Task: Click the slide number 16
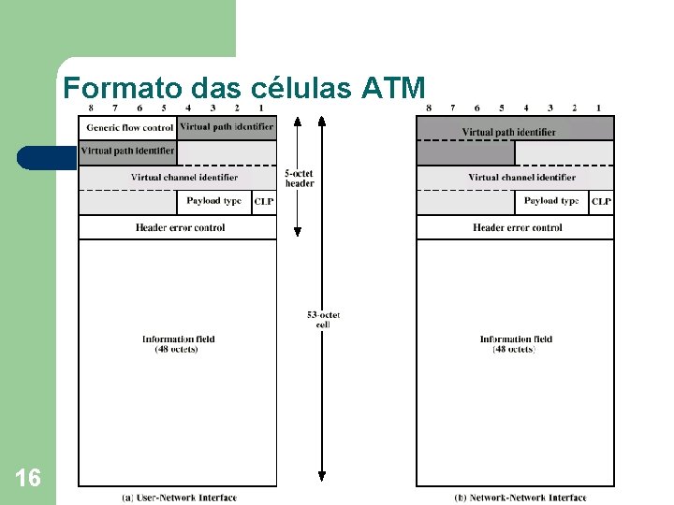click(x=28, y=479)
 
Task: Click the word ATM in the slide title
click(x=390, y=89)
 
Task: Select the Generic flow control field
click(x=129, y=127)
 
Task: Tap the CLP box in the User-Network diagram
click(x=264, y=202)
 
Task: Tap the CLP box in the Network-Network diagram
click(x=602, y=202)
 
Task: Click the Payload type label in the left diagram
click(x=213, y=201)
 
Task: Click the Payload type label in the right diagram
click(x=551, y=201)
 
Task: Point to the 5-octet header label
click(x=300, y=178)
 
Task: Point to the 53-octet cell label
click(x=323, y=319)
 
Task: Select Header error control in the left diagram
click(x=180, y=227)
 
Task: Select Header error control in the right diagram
click(x=518, y=227)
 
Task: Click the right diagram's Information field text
click(x=516, y=344)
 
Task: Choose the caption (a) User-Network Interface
click(x=180, y=498)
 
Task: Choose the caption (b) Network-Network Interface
click(x=520, y=498)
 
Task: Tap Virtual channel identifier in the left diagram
click(x=183, y=177)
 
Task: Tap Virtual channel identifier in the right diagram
click(x=521, y=177)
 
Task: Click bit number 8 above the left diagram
click(x=90, y=108)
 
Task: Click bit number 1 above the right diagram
click(x=598, y=108)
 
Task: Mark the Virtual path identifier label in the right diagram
click(x=508, y=133)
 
